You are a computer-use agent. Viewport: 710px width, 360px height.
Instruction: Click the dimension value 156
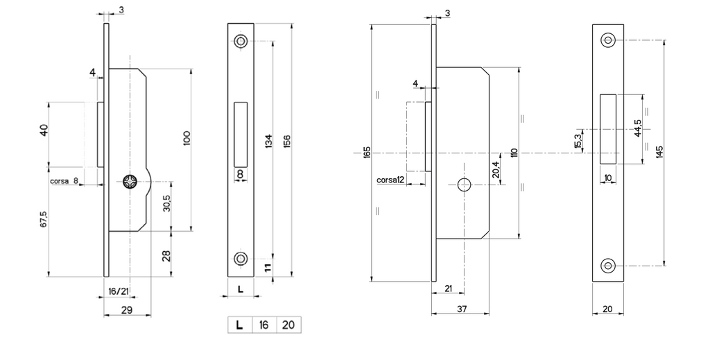(286, 141)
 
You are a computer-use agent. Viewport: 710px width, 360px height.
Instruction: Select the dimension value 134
(268, 142)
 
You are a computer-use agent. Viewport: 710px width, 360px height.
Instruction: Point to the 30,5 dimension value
(166, 203)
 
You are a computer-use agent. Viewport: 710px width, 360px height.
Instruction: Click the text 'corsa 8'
(64, 181)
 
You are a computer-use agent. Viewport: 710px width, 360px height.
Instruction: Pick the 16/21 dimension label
(118, 291)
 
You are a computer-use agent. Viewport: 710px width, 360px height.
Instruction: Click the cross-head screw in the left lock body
(130, 182)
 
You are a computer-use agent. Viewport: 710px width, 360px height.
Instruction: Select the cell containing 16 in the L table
(264, 325)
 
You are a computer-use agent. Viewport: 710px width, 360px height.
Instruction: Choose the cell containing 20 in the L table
(288, 325)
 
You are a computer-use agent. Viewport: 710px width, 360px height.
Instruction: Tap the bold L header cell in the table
(240, 325)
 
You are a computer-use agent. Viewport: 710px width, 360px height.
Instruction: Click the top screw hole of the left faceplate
(241, 41)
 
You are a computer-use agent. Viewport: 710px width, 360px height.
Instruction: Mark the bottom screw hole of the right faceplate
(607, 266)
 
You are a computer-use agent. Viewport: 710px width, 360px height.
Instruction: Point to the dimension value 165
(367, 152)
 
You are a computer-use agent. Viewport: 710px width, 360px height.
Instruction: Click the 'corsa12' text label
(390, 180)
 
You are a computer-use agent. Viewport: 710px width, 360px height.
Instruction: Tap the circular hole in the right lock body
(464, 185)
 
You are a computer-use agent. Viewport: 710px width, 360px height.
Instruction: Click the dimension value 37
(461, 309)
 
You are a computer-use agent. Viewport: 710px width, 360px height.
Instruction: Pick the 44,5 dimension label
(638, 128)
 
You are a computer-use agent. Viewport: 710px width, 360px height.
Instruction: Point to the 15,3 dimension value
(578, 142)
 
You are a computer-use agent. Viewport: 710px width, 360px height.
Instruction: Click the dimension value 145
(659, 152)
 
